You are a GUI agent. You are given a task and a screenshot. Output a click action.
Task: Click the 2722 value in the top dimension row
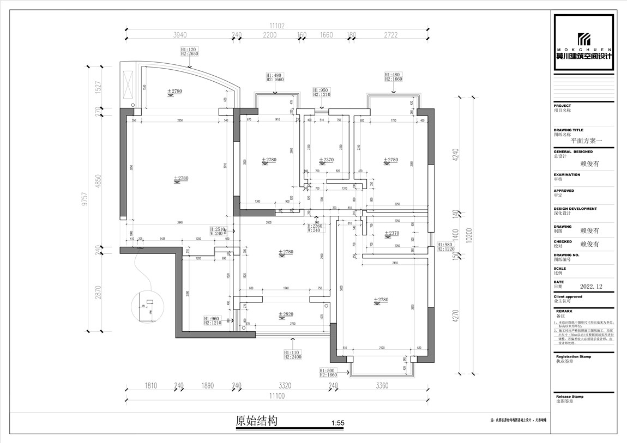tap(390, 35)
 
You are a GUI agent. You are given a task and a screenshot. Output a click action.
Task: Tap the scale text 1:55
tap(338, 423)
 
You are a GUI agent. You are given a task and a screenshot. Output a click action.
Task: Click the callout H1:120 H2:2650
tap(189, 51)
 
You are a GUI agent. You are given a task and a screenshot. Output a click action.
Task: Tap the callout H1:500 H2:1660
tap(328, 372)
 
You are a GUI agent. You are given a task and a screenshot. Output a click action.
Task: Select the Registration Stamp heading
tap(573, 356)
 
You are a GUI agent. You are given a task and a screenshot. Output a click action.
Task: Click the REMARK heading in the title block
tap(564, 311)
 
